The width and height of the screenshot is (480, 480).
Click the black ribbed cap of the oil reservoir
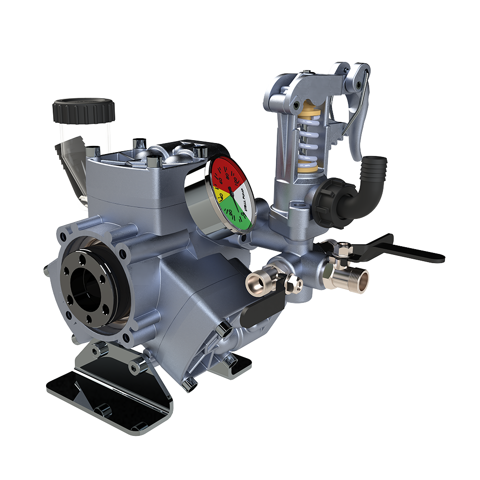(x=84, y=110)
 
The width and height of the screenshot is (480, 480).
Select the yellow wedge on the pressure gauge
(x=219, y=194)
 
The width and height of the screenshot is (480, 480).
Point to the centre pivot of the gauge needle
(x=231, y=191)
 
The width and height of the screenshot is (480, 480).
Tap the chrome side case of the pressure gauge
(x=194, y=202)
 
